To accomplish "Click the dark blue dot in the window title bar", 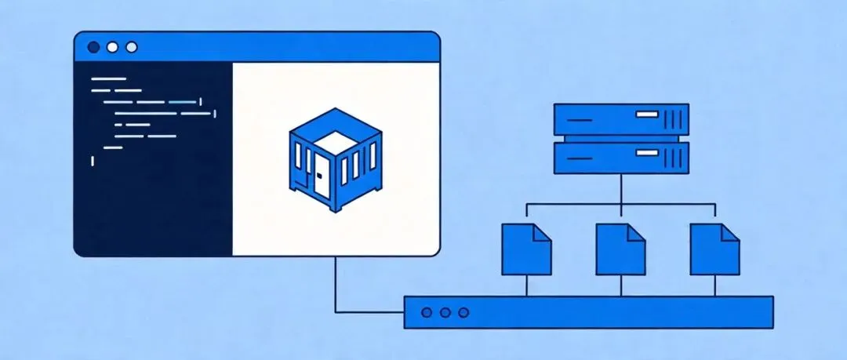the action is [93, 47].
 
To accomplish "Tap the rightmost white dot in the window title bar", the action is [131, 47].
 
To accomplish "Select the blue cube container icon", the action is [335, 160].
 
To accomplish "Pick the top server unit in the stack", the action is [620, 120].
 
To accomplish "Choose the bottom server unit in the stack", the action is [620, 157].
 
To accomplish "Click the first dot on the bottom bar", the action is [427, 312].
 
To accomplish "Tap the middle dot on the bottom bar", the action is [445, 312].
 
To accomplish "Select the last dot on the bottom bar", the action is [464, 312].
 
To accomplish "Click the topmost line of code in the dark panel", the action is [108, 79].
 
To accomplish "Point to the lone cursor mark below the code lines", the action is [93, 161].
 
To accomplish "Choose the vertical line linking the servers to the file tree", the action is [620, 189].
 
